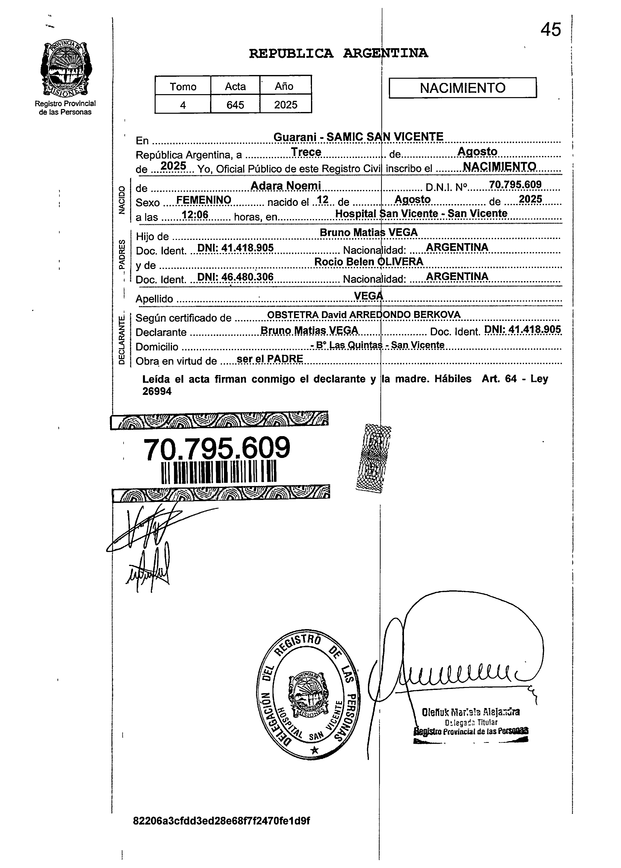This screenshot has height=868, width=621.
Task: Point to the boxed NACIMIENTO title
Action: coord(462,88)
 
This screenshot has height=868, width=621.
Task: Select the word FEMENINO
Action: coord(203,200)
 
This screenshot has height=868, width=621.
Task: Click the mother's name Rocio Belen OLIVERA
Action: coord(369,262)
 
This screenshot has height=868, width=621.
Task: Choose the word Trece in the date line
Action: coord(306,152)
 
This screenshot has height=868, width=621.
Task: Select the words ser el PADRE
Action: coord(270,359)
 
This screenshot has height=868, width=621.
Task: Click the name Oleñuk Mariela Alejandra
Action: coord(471,712)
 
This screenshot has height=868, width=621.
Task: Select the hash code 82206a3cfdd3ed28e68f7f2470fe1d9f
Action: coord(222,821)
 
